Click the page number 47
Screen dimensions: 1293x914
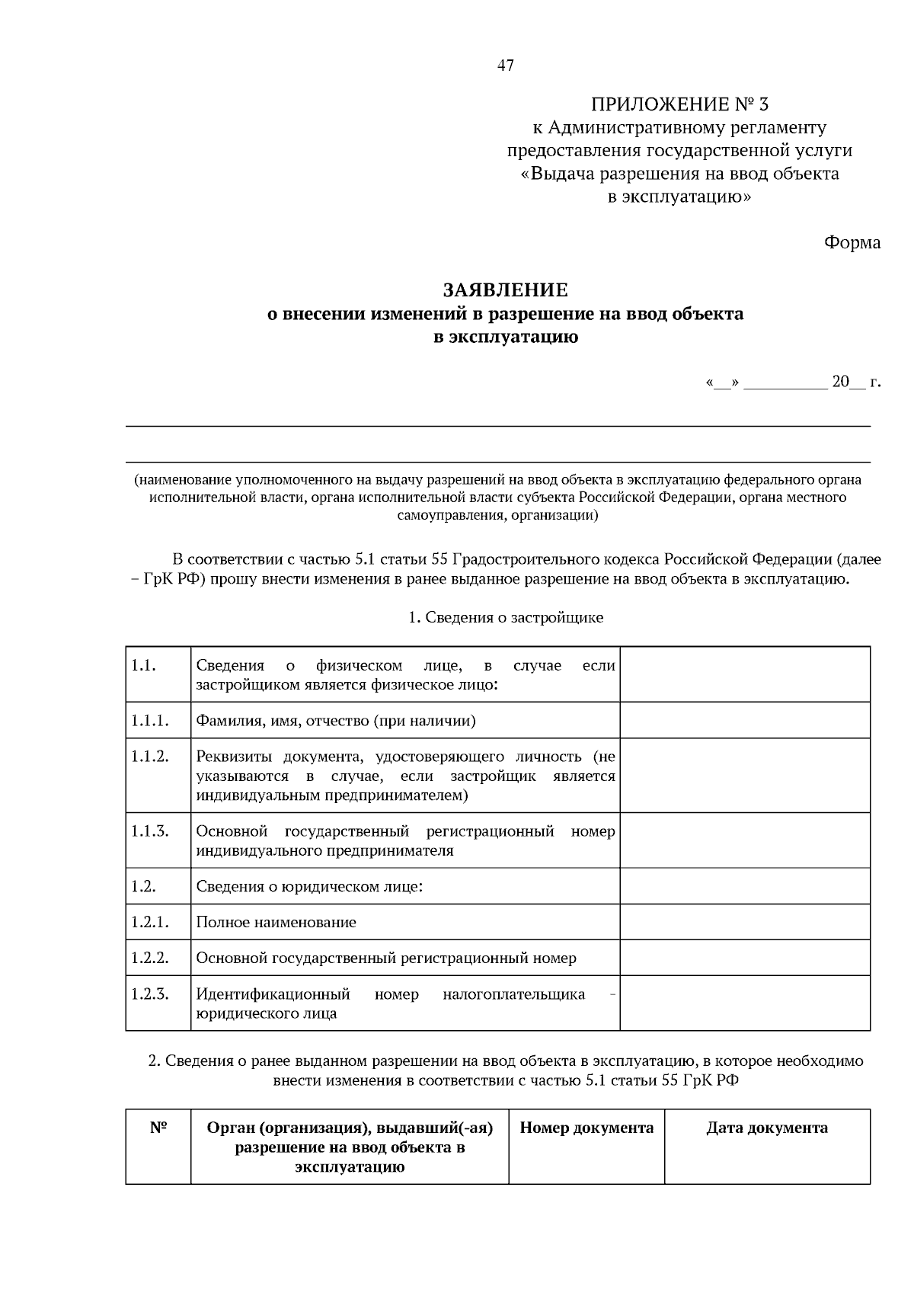[506, 66]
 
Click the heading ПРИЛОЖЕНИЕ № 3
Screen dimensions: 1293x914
[679, 104]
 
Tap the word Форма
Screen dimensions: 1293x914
[852, 243]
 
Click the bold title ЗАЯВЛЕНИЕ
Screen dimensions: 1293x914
[506, 290]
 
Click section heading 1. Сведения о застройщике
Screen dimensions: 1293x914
[506, 617]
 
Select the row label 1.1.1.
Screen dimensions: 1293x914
[149, 720]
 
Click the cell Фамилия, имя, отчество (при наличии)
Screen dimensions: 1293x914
[336, 721]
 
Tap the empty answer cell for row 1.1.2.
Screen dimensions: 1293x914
[744, 775]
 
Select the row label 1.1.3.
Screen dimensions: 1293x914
[149, 831]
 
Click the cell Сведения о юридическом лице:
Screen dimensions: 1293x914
[309, 886]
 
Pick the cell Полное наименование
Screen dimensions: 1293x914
[276, 922]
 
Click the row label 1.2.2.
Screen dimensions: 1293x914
[149, 958]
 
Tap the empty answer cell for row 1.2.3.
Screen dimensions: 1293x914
[744, 1003]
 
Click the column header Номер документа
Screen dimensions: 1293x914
[586, 1128]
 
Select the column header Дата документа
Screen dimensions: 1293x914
[766, 1128]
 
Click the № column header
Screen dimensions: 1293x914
[158, 1128]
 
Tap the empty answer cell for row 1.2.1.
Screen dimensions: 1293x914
[744, 922]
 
